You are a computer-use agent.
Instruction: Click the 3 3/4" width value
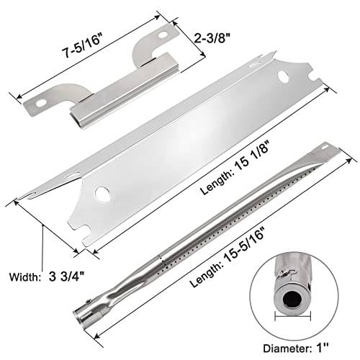(x=66, y=277)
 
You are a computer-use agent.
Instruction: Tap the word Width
(x=24, y=277)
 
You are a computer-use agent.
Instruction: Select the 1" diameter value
(x=323, y=348)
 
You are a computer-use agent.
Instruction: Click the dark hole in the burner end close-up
(x=292, y=300)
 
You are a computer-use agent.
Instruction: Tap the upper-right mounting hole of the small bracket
(x=163, y=35)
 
